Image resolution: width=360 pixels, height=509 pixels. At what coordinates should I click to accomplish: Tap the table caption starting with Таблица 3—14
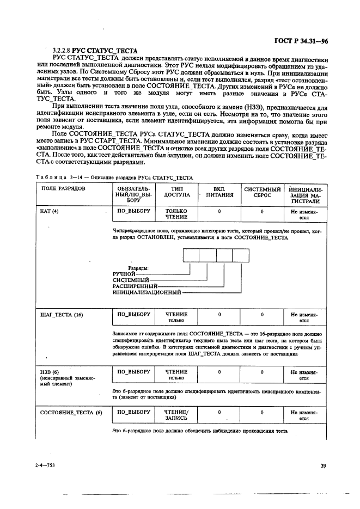[x=115, y=177]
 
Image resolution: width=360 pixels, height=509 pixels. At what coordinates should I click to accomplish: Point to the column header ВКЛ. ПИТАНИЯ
[x=219, y=192]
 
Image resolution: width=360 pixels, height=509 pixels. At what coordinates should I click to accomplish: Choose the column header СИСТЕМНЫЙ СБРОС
[x=262, y=192]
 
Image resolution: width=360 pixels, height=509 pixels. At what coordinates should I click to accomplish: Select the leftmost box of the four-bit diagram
[x=191, y=255]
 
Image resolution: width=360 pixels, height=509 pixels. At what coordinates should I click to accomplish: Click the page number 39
[x=323, y=465]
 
